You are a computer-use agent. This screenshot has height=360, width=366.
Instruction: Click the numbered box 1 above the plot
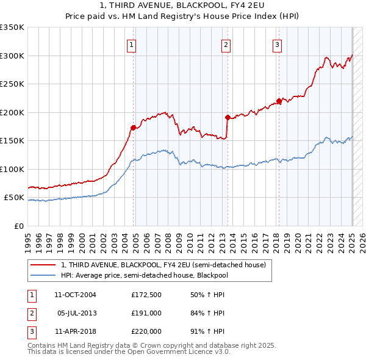132,44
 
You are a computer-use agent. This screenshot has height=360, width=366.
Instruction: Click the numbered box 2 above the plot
226,44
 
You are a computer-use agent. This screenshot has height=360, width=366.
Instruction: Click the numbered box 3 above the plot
277,44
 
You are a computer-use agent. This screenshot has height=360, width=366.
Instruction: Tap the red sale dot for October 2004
133,128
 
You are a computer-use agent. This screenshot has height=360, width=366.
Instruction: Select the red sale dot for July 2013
227,117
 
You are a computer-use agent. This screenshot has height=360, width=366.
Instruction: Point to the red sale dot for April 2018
279,101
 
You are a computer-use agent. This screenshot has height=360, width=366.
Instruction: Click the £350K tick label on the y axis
12,27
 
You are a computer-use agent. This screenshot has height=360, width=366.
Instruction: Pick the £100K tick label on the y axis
12,169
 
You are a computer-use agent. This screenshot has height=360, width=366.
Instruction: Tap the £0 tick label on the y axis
18,226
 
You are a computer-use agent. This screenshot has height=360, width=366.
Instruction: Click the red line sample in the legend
43,265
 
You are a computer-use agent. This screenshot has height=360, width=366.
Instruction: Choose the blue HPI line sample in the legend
43,275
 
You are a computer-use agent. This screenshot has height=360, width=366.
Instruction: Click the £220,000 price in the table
146,331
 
